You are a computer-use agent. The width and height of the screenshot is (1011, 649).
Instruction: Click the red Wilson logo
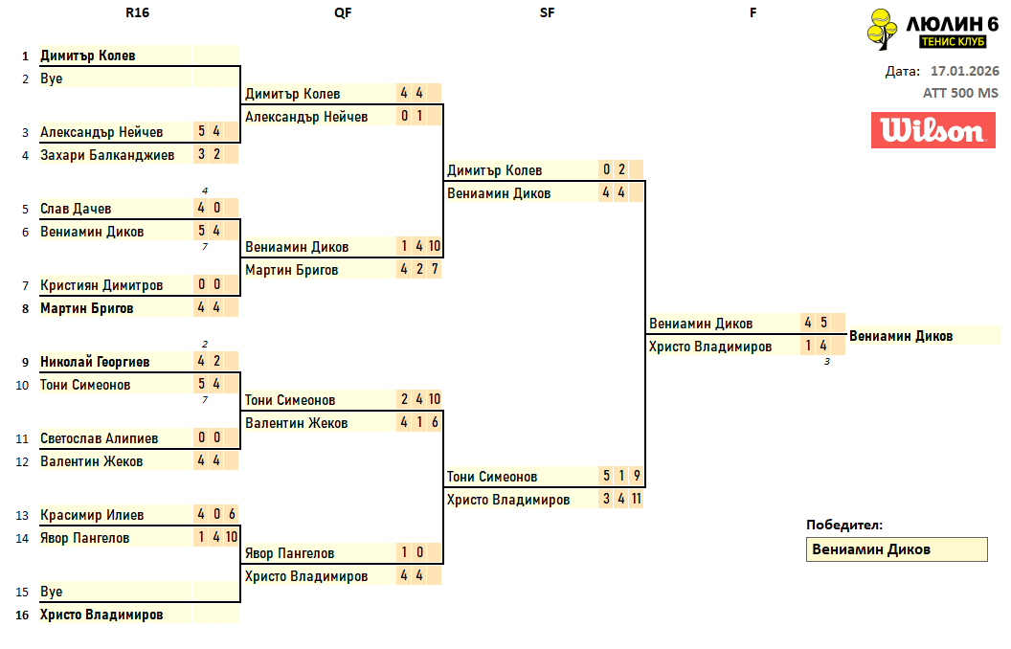[927, 130]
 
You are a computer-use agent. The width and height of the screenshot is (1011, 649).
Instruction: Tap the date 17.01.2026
[964, 71]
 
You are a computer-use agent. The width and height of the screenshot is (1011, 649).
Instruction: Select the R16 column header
[137, 12]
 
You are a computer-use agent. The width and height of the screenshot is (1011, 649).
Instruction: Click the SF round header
[547, 12]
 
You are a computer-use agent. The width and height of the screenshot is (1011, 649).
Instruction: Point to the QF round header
[342, 12]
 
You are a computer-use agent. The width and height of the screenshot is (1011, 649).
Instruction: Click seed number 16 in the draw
[21, 615]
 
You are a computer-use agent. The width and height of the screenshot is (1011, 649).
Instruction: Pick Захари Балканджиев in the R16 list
[107, 155]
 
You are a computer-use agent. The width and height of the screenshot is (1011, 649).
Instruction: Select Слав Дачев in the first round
[76, 209]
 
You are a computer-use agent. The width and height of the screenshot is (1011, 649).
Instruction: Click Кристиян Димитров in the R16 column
[101, 285]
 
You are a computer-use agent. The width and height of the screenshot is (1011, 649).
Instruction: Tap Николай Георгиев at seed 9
[95, 362]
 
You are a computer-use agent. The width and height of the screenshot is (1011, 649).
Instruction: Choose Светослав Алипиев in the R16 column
[100, 438]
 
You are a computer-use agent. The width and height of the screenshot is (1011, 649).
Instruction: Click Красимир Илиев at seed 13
[92, 515]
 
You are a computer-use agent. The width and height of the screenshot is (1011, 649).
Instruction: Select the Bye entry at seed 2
[52, 78]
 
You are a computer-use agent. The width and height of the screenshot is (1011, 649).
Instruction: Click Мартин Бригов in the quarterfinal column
[292, 270]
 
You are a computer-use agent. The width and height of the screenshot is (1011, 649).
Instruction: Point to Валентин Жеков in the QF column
[297, 423]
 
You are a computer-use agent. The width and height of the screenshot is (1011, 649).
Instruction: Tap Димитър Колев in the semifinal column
[494, 170]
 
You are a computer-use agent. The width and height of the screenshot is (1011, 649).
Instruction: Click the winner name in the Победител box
[871, 549]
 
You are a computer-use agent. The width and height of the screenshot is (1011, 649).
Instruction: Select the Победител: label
[844, 525]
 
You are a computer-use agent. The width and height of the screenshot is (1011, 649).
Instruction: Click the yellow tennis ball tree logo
[883, 28]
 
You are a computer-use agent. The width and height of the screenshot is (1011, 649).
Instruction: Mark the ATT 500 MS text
[960, 93]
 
